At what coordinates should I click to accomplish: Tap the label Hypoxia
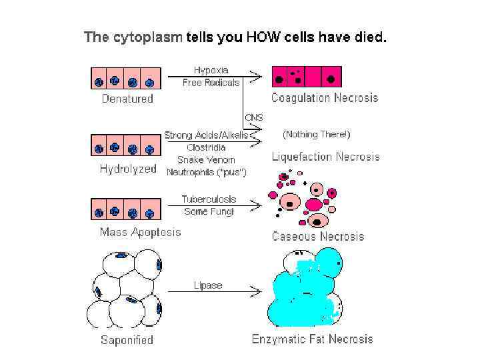[x=211, y=70]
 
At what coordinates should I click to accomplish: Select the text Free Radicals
[x=211, y=83]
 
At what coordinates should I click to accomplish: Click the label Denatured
[x=127, y=99]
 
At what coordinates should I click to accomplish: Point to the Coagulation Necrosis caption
[x=324, y=98]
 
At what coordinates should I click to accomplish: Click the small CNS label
[x=254, y=117]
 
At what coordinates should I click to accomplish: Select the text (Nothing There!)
[x=316, y=134]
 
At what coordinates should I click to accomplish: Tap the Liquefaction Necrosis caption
[x=325, y=157]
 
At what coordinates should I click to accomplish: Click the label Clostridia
[x=206, y=147]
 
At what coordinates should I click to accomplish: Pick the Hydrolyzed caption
[x=128, y=169]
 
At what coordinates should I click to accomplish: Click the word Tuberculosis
[x=208, y=199]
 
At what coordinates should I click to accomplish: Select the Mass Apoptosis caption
[x=140, y=233]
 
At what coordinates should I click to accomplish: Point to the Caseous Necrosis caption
[x=318, y=236]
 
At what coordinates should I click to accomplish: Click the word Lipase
[x=207, y=285]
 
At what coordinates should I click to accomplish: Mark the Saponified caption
[x=127, y=340]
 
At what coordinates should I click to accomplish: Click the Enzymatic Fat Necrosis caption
[x=312, y=339]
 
